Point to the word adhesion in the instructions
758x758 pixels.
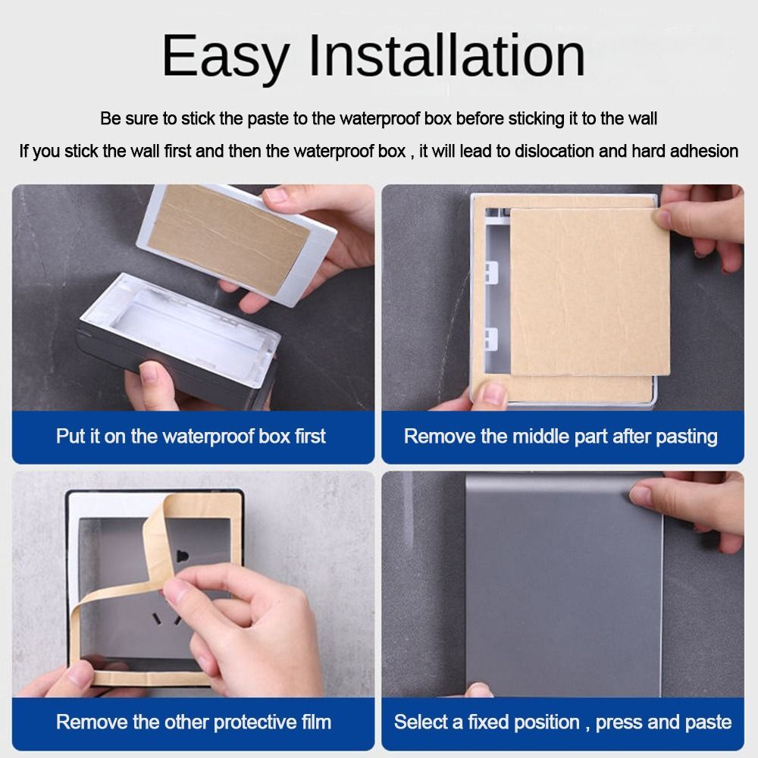[x=701, y=151]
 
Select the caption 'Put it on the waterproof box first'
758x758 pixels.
[x=191, y=437]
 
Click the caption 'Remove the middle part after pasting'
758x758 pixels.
[x=560, y=437]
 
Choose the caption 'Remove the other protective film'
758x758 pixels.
[x=193, y=722]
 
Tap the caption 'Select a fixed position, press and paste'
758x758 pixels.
[x=562, y=722]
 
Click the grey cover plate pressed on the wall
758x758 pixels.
[x=561, y=591]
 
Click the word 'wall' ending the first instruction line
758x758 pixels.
[x=643, y=119]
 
